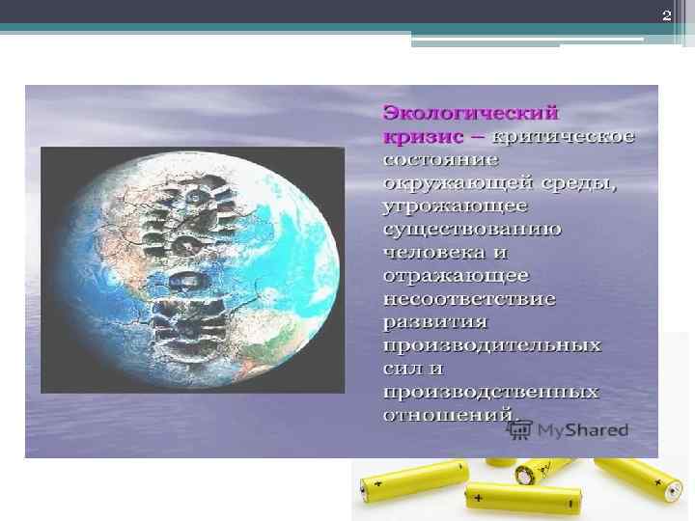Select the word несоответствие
click(469, 298)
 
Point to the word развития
click(434, 321)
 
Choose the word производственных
click(490, 392)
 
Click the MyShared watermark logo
click(576, 429)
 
